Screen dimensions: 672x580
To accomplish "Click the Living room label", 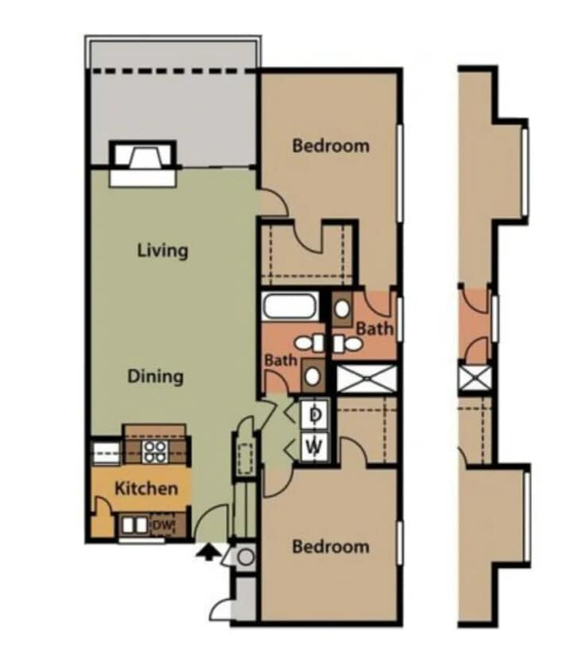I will pos(162,250).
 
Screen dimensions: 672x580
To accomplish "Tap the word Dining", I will pos(156,376).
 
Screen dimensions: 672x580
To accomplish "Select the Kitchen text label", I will pos(146,488).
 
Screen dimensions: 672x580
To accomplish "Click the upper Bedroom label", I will pos(330,146).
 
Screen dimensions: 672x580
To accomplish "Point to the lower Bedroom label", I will pos(330,546).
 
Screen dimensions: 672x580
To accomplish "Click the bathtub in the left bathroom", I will pos(290,306).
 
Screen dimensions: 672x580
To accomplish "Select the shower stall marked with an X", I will pos(365,378).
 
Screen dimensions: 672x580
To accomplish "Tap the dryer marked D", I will pos(315,414).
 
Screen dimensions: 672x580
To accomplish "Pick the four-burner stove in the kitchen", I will pos(154,451).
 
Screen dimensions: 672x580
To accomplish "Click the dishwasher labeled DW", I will pos(162,525).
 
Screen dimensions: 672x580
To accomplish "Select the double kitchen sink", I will pos(134,525).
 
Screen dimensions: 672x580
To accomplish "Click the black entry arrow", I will pos(208,552).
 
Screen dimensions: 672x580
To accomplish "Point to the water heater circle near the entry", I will pos(246,557).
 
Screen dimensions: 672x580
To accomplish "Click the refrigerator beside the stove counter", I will pos(106,452).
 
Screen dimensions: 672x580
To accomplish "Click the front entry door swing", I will pos(211,524).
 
